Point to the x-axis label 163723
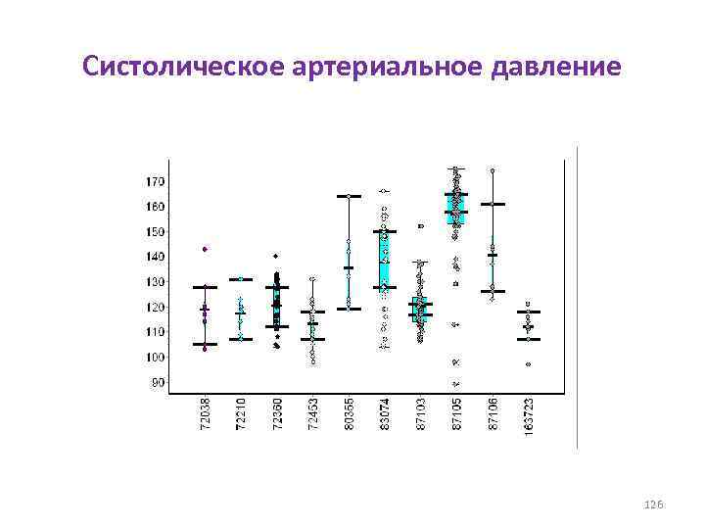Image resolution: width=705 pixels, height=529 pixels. [x=528, y=416]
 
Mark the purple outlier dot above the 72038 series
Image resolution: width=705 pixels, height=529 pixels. [x=205, y=249]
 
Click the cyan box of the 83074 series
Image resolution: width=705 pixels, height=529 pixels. [x=385, y=260]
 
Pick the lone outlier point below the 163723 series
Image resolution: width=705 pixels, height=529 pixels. [x=528, y=364]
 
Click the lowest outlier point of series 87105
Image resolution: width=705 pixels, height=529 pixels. [x=456, y=383]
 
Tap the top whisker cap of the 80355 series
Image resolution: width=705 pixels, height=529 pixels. [x=349, y=196]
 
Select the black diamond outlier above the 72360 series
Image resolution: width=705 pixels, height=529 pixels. [x=276, y=256]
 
